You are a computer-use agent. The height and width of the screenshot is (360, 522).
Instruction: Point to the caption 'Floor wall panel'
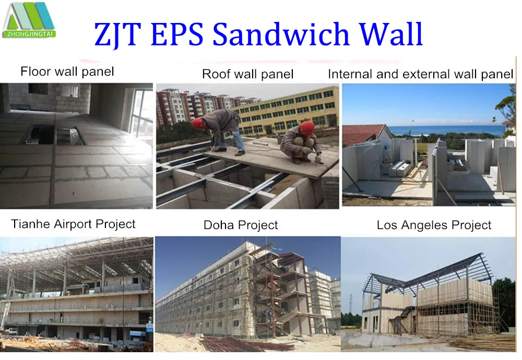[x=67, y=71]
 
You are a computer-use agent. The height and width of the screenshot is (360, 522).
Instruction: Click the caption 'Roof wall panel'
[x=248, y=74]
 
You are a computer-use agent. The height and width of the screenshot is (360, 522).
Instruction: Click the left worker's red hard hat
[x=197, y=123]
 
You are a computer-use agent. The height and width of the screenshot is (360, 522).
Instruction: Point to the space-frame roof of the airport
[x=78, y=258]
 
